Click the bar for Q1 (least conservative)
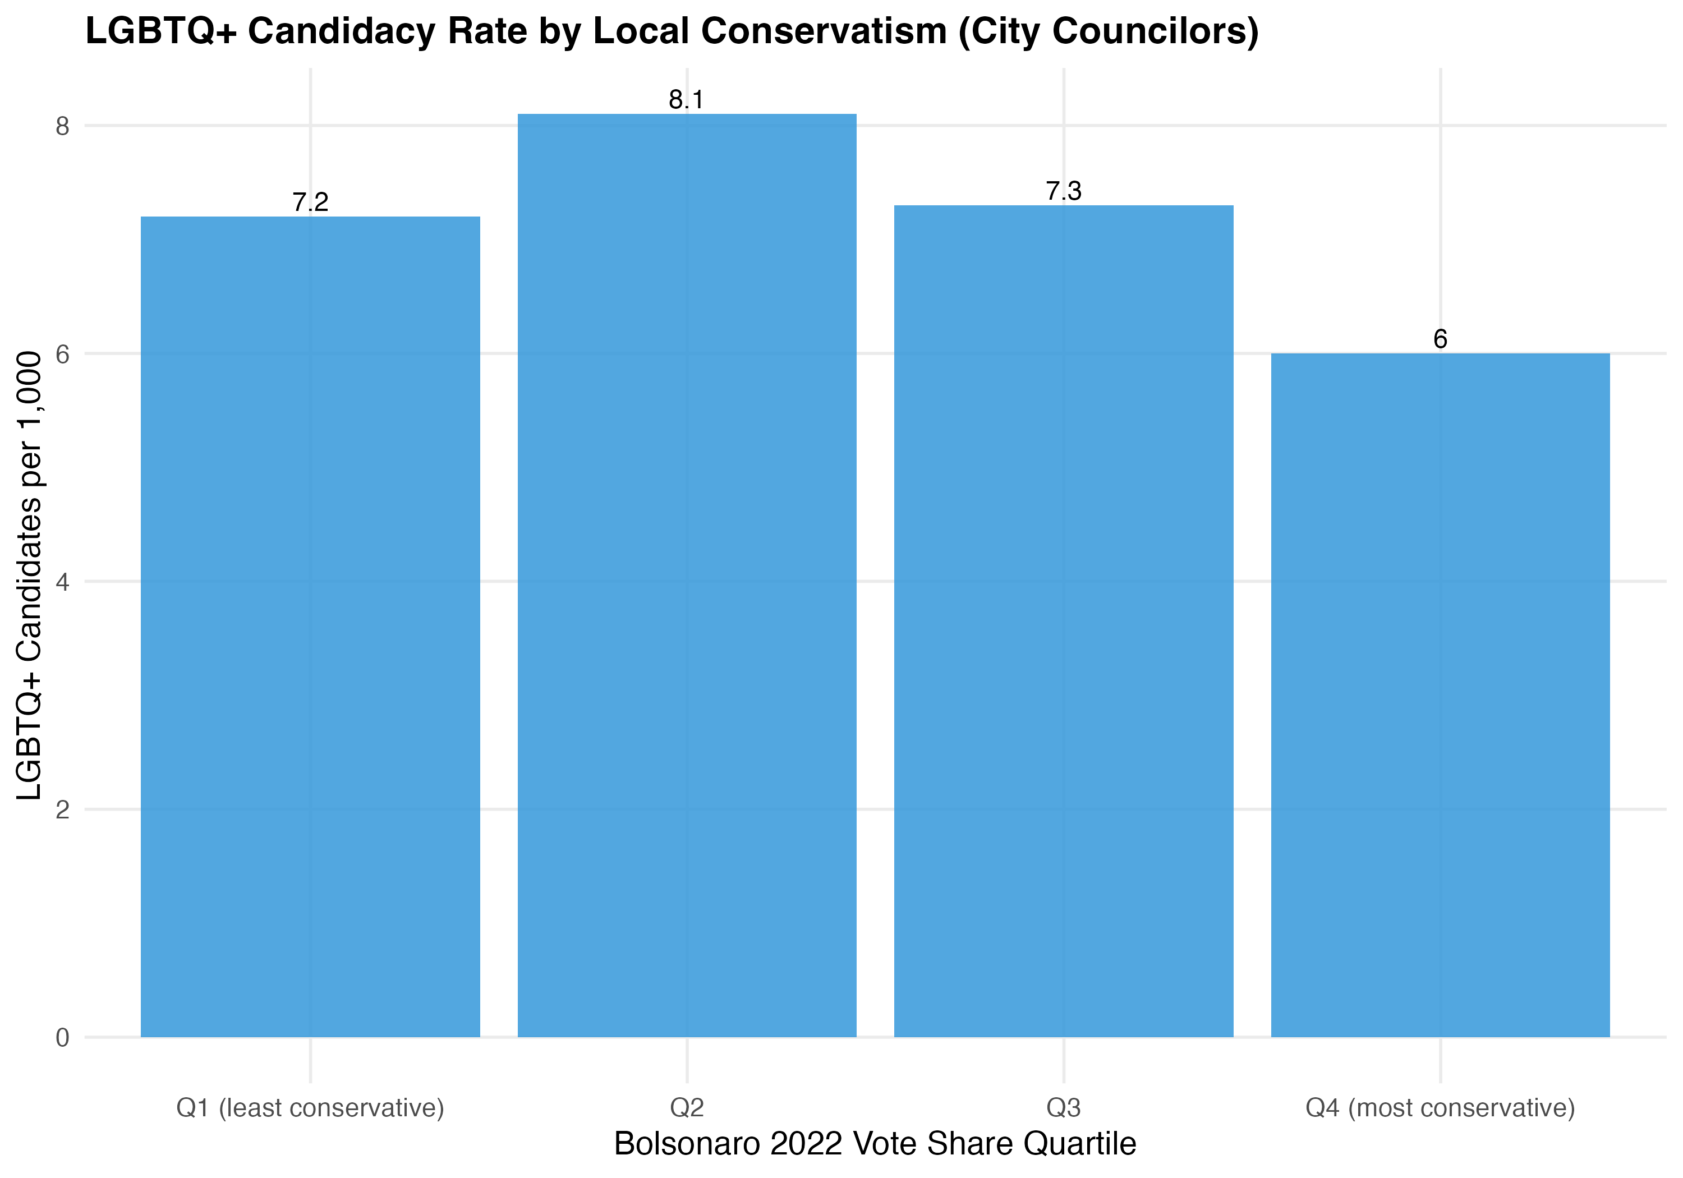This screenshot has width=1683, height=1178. pos(310,627)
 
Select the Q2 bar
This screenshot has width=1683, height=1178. pos(687,576)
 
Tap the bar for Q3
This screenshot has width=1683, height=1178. pos(1064,621)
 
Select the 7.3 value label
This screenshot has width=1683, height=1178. pos(1064,191)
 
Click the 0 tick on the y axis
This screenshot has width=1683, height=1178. pos(62,1038)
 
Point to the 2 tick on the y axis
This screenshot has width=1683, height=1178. pos(62,810)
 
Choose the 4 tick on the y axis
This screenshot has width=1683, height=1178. pos(62,582)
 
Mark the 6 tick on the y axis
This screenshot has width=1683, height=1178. pos(62,354)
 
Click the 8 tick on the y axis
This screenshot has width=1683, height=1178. pos(62,126)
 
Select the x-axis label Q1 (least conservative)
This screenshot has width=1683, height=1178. pos(310,1108)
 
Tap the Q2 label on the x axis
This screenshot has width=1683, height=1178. pos(687,1108)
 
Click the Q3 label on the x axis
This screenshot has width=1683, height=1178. pos(1064,1108)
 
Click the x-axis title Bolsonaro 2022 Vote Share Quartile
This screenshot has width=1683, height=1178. pos(875,1144)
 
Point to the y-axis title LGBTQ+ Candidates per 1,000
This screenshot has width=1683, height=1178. pos(29,576)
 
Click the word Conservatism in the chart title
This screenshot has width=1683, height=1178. pos(823,31)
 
